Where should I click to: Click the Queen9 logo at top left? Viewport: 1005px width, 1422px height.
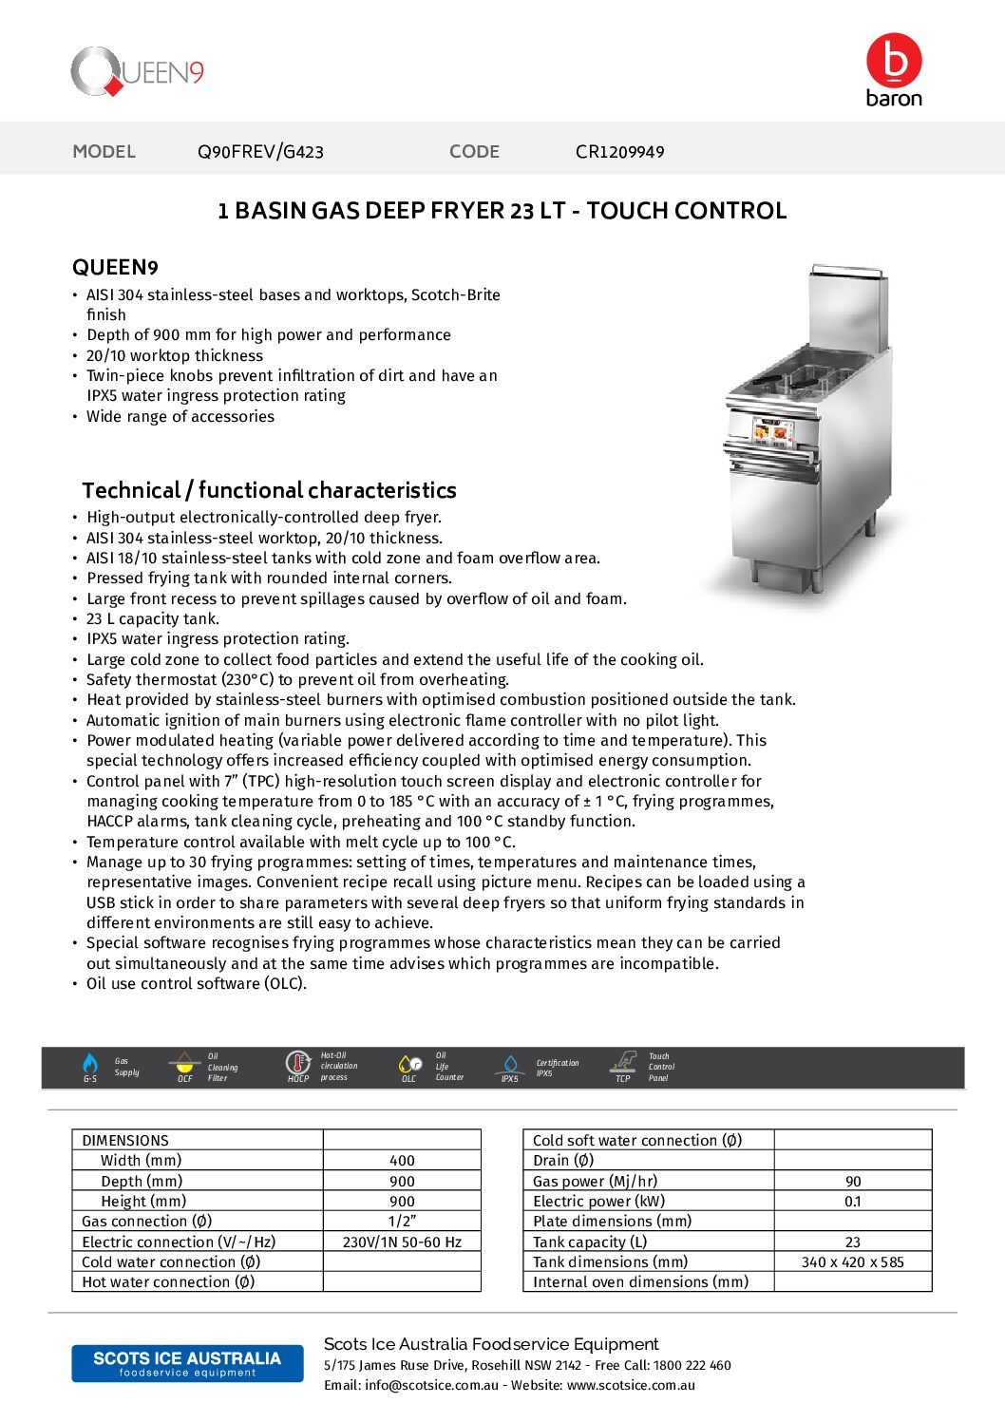point(137,72)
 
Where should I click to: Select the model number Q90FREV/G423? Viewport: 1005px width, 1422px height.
point(260,152)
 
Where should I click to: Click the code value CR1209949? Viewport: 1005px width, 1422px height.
point(619,152)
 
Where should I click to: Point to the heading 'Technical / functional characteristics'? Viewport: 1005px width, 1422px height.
point(269,490)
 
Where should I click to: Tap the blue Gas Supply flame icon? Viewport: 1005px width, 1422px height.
point(90,1064)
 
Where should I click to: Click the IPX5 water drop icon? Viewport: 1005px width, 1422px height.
point(510,1064)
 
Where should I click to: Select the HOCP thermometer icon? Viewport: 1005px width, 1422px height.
point(297,1063)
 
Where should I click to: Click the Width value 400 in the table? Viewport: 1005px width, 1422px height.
point(402,1161)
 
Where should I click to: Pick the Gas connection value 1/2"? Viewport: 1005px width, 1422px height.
point(402,1222)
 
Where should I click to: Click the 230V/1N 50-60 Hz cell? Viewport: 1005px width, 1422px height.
point(402,1242)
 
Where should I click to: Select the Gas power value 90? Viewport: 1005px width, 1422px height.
point(853,1182)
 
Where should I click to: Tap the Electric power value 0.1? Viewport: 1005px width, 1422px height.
point(853,1202)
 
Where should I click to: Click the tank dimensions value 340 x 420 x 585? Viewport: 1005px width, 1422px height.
point(853,1262)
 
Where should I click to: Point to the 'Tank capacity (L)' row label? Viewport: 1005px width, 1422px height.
point(590,1242)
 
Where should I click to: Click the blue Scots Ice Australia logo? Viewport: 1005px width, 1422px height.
point(187,1363)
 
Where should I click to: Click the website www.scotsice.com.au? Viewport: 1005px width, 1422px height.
point(631,1385)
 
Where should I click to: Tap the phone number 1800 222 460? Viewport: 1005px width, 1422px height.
point(692,1365)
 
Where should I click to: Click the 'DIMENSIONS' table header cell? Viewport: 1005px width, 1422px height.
point(125,1140)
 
